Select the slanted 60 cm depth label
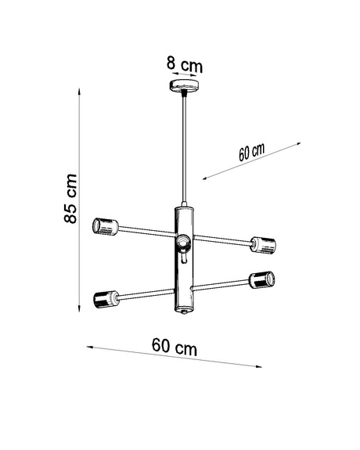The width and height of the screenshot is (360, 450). [252, 152]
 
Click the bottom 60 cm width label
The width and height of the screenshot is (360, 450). [174, 345]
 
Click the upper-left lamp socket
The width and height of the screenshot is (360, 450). [104, 227]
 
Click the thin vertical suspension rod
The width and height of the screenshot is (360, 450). [184, 149]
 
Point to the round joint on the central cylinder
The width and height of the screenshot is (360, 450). [183, 243]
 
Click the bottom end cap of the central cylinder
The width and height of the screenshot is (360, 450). [184, 311]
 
